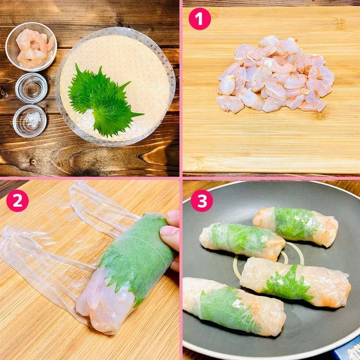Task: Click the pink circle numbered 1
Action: point(200,19)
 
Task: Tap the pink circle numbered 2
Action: point(17,201)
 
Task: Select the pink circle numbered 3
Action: point(202,201)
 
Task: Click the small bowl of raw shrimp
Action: point(31,47)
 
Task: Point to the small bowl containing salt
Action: point(30,121)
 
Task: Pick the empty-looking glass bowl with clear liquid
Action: point(31,88)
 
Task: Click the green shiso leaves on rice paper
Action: point(103,100)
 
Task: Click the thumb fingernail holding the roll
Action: point(169,232)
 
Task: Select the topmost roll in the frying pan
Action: point(296,226)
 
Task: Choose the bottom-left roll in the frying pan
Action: point(234,307)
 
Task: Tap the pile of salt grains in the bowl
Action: point(32,120)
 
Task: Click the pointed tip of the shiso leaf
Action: point(143,114)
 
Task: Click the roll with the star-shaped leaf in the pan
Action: point(296,283)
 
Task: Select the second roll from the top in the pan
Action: point(242,241)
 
